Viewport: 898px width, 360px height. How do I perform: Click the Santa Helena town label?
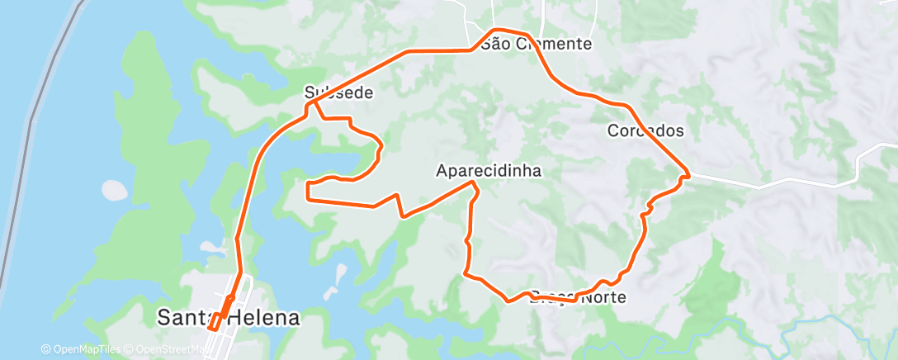point(227,318)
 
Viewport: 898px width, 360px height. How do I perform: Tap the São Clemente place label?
point(536,44)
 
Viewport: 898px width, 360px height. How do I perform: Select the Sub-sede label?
point(338,92)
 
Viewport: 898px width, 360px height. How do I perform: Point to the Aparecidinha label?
point(488,171)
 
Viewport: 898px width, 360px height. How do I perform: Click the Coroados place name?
point(645,130)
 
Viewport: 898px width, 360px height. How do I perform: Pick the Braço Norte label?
point(576,297)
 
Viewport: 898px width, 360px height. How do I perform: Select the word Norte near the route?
point(603,297)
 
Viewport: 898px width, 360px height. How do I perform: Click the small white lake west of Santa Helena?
point(116,190)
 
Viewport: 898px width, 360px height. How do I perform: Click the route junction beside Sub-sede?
point(310,102)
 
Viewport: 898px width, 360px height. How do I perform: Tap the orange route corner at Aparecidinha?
point(473,182)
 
